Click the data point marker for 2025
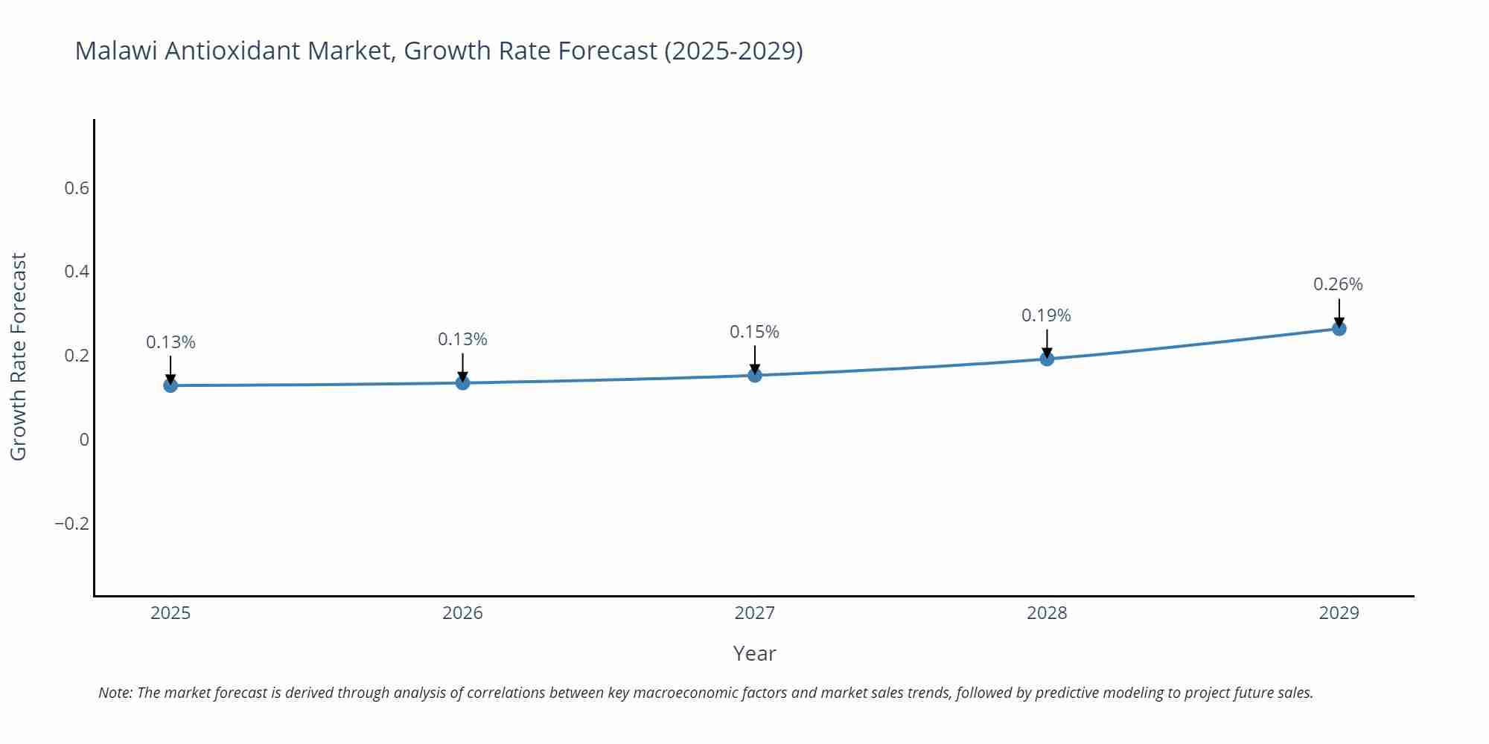pos(170,385)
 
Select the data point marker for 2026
pos(462,382)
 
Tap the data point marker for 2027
pos(755,375)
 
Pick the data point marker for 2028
pos(1047,359)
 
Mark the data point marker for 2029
pos(1339,328)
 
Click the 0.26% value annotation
pos(1338,284)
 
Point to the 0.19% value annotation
pos(1046,315)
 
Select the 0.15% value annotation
pos(754,332)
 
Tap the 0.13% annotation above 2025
pos(170,342)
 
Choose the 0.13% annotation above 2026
pos(462,339)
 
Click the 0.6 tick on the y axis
pos(77,188)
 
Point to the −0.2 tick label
pos(71,524)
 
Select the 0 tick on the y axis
pos(84,440)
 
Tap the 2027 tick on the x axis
pos(754,613)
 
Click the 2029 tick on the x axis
pos(1339,613)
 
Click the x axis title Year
pos(754,653)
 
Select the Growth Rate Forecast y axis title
pos(19,356)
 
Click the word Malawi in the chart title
pos(116,51)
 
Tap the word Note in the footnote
pos(115,693)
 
